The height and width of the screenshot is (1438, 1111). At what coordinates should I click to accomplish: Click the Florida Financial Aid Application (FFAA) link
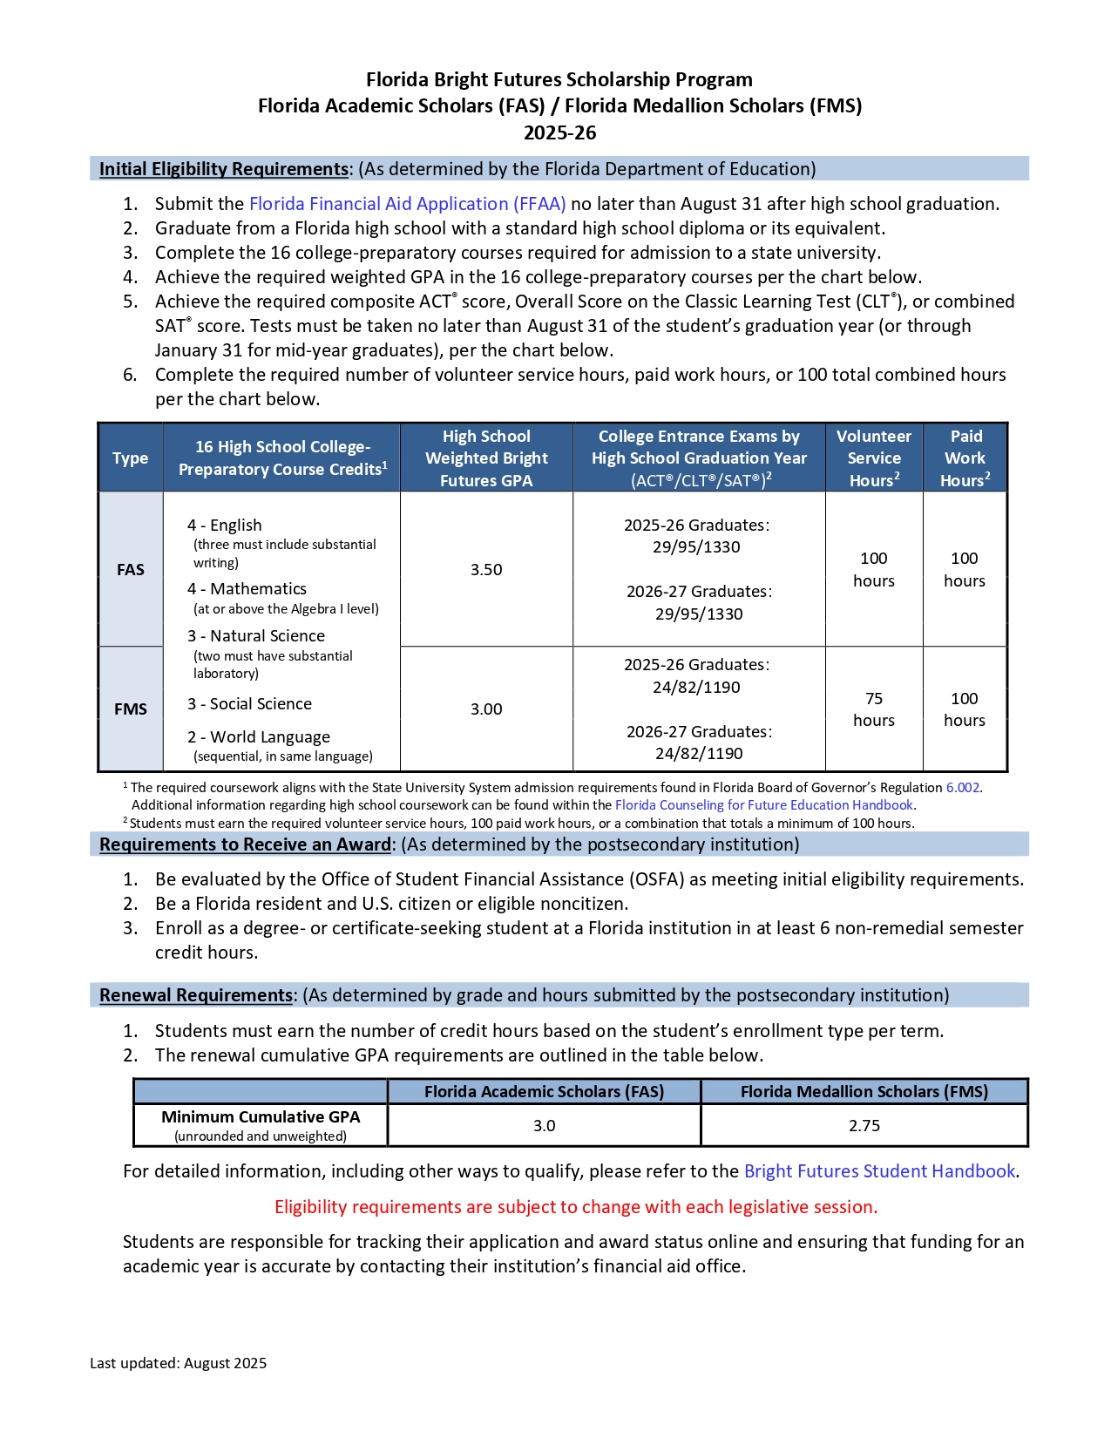(x=407, y=204)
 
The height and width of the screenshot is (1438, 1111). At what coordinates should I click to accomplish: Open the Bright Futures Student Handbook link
(x=879, y=1171)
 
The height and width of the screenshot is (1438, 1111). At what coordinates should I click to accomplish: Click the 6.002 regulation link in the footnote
(x=962, y=788)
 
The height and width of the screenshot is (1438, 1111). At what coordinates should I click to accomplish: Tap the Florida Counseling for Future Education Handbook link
(x=763, y=805)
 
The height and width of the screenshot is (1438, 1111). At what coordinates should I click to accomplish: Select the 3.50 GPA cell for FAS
(x=486, y=570)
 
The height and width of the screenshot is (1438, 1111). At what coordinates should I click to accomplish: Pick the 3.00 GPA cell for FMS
(x=486, y=709)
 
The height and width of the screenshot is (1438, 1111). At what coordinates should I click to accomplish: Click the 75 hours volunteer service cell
(x=874, y=709)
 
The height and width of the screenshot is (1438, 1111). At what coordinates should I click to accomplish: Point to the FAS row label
(x=131, y=570)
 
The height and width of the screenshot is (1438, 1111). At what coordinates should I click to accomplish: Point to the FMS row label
(x=131, y=709)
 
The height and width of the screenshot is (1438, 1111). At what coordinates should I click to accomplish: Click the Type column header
(x=131, y=458)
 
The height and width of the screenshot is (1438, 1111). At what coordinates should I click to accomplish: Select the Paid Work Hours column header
(x=965, y=458)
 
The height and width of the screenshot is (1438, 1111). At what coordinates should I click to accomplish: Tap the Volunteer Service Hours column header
(x=874, y=458)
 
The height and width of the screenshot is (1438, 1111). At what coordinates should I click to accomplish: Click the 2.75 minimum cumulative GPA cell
(x=864, y=1126)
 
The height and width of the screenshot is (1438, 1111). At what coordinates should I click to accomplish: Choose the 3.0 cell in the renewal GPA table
(x=544, y=1126)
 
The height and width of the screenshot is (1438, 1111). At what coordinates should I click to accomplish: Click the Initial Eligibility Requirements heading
(x=224, y=169)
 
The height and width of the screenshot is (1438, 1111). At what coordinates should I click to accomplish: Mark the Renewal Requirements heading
(x=196, y=995)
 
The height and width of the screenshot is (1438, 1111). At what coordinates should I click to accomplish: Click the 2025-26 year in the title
(x=559, y=133)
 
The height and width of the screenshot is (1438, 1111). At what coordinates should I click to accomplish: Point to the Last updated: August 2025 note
(x=179, y=1364)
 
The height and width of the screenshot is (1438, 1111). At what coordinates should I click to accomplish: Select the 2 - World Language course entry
(x=259, y=737)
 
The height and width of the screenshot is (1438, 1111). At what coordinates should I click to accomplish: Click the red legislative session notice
(x=576, y=1207)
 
